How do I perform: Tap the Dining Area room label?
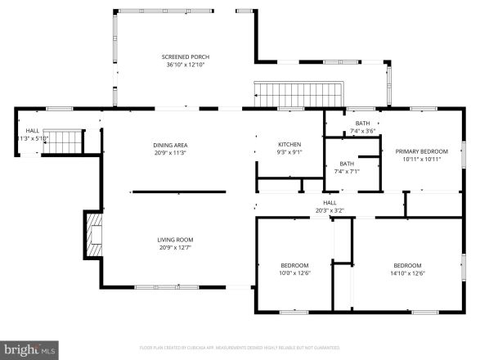[170, 145]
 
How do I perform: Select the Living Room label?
[176, 240]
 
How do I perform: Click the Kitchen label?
[289, 144]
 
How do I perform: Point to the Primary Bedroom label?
[422, 151]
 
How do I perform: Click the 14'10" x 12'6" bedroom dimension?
[407, 273]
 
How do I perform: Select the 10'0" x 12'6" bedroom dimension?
[294, 273]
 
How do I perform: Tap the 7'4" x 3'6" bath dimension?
[362, 131]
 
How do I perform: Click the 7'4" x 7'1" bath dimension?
[347, 172]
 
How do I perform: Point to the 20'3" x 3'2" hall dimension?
[330, 210]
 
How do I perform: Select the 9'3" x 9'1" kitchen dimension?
[289, 151]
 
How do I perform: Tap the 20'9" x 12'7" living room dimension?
[176, 247]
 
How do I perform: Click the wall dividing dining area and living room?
[177, 192]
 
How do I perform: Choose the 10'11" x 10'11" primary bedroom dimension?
[422, 159]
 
